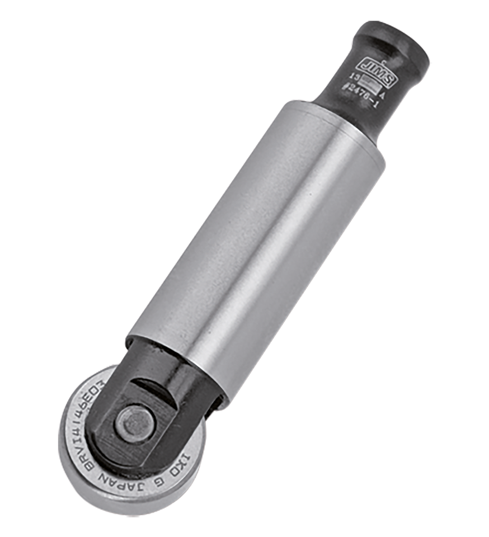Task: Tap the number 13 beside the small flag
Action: (354, 77)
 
